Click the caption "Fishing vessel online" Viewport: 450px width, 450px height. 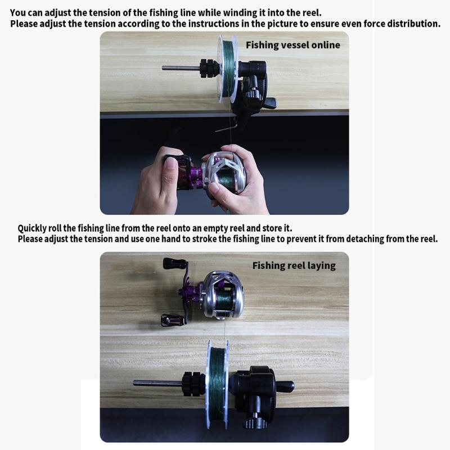click(292, 45)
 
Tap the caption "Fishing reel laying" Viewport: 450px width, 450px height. click(294, 265)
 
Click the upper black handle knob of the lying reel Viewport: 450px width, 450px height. click(171, 263)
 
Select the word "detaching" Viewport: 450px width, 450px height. click(355, 239)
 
